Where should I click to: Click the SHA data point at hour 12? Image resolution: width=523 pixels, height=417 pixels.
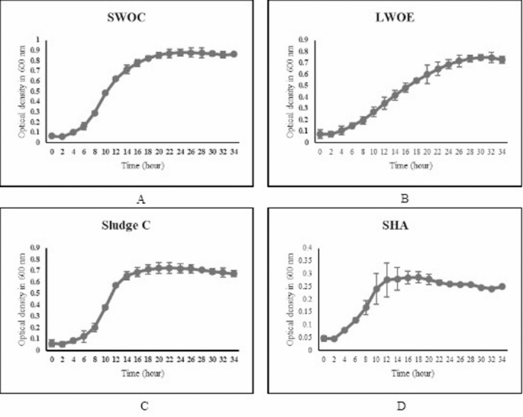[x=387, y=280]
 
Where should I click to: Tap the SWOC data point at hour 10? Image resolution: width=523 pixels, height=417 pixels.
[x=105, y=92]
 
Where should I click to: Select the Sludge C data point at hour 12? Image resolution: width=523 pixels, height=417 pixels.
[x=116, y=286]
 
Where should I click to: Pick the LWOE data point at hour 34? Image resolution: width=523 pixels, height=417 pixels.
[x=502, y=59]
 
